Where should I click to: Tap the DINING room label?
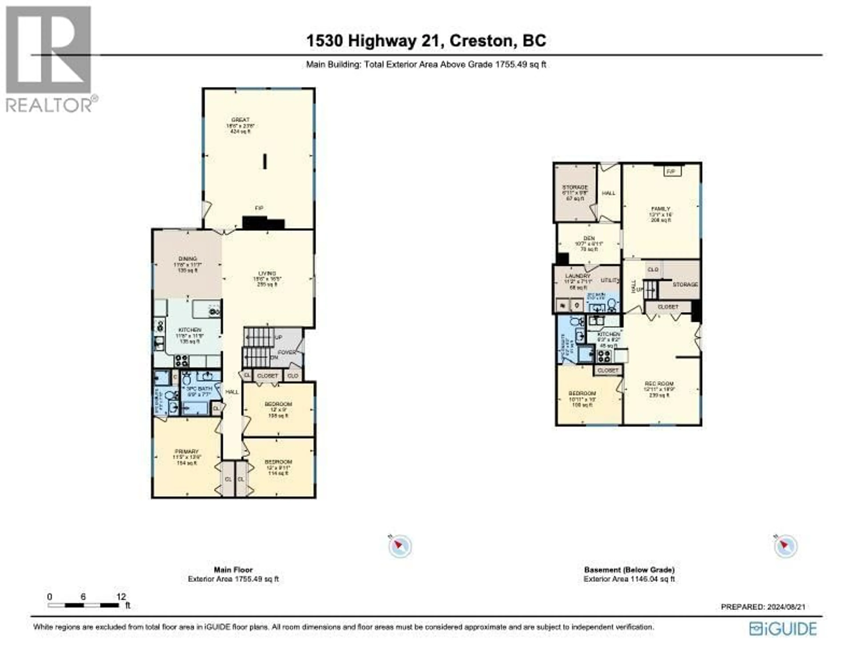(187, 259)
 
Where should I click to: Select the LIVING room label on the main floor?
(267, 273)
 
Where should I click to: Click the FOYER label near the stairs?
(287, 352)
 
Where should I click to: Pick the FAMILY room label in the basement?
(660, 209)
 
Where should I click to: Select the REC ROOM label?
(659, 384)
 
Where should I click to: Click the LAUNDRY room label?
(577, 276)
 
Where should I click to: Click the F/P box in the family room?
(671, 171)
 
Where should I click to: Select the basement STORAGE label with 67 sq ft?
(575, 187)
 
